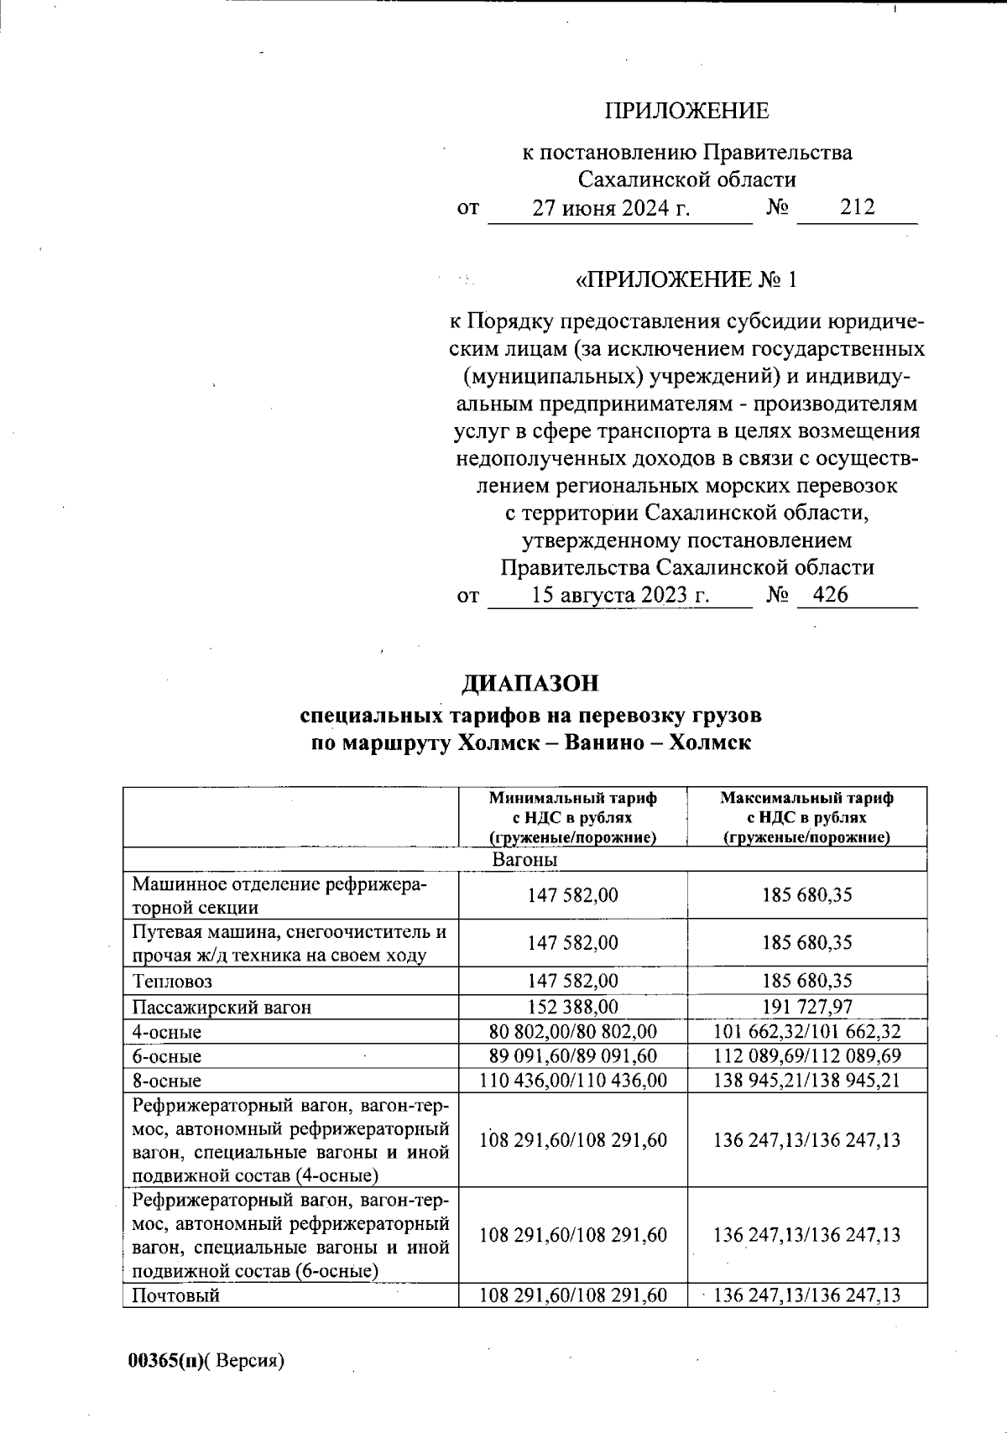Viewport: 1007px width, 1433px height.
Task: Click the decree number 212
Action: coord(857,207)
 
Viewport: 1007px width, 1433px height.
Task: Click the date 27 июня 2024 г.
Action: coord(612,208)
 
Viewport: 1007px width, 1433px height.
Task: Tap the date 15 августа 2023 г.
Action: coord(621,596)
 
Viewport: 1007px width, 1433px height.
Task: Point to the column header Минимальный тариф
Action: coord(572,799)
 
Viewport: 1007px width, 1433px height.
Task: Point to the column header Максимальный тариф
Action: coord(806,799)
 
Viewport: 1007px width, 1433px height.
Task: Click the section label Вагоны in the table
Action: coord(525,860)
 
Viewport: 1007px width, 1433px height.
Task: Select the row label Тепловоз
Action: coord(172,981)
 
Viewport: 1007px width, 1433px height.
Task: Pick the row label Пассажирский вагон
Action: coord(222,1007)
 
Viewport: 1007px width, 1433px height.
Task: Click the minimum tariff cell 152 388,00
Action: coord(572,1007)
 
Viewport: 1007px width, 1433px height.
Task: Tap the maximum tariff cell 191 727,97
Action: coord(806,1007)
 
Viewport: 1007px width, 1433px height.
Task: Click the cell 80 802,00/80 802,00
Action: coord(572,1031)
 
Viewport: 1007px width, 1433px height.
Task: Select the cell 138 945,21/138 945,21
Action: coord(806,1080)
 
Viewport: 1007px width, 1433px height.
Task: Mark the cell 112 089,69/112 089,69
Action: coord(806,1055)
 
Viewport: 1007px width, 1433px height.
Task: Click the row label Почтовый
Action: coord(176,1295)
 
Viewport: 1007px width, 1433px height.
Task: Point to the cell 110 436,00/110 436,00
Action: coord(572,1080)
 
